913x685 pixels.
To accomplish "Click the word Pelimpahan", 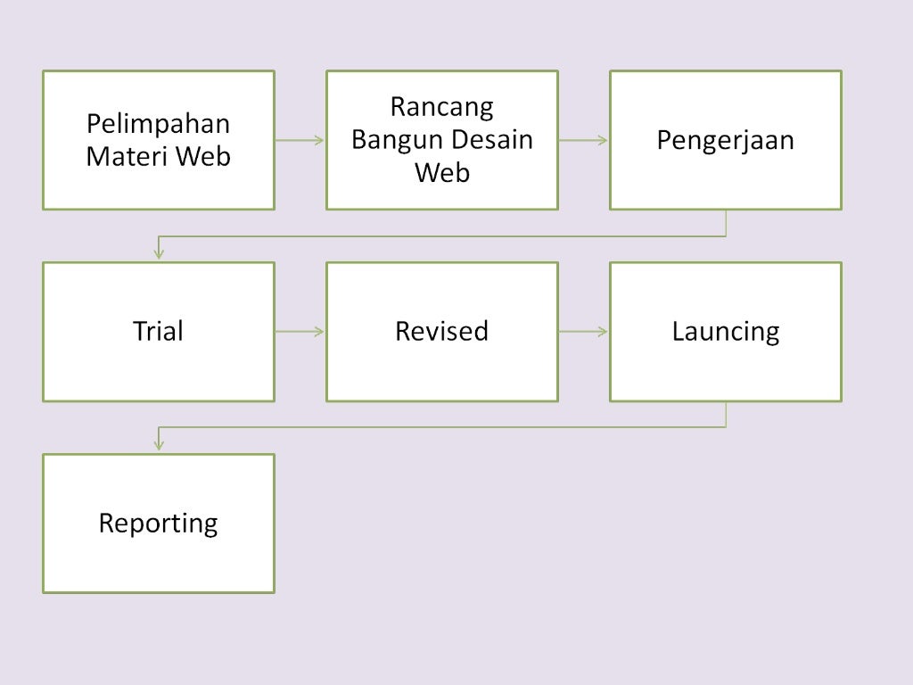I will coord(158,124).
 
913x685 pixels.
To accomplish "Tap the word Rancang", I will coord(442,107).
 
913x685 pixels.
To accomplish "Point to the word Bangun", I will coord(397,140).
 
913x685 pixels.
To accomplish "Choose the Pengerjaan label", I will coord(725,141).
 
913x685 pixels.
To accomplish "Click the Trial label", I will coord(158,332).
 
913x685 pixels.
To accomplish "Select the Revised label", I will coord(441,332).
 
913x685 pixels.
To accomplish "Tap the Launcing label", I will coord(725,332).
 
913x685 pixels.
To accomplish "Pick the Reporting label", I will coord(158,523).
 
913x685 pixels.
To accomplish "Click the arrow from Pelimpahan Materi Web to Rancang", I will coord(300,140).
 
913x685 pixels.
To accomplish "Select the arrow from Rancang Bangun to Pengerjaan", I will coord(583,140).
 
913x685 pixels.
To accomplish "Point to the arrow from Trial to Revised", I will coord(300,332).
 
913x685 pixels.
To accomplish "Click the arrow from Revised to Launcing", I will coord(583,332).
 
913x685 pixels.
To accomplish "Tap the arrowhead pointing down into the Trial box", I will coord(159,254).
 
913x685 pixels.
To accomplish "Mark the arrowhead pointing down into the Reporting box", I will coord(159,445).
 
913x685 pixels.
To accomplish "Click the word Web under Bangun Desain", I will coord(442,172).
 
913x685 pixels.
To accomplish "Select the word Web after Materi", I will coord(203,156).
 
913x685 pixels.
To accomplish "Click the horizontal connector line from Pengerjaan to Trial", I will coord(441,236).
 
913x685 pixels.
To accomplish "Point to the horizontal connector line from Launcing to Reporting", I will coord(441,427).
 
